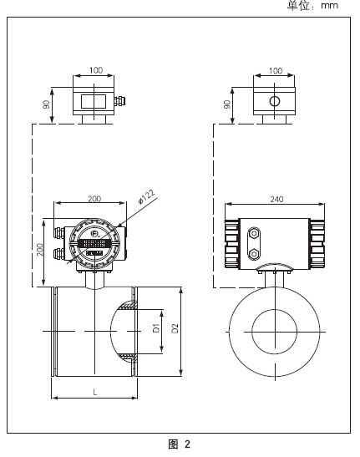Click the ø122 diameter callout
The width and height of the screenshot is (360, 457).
(147, 197)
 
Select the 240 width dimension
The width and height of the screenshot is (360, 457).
(276, 199)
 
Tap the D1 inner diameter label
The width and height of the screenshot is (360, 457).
(156, 328)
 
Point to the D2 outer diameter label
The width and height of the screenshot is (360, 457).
(175, 328)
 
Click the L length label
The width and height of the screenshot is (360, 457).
(95, 393)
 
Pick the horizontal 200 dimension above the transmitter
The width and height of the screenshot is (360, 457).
(94, 199)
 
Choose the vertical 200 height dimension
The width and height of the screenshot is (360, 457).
(39, 250)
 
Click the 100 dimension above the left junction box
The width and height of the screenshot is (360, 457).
(96, 70)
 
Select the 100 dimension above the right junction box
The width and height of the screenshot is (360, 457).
(276, 71)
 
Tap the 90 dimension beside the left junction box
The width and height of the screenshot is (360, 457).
(46, 104)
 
